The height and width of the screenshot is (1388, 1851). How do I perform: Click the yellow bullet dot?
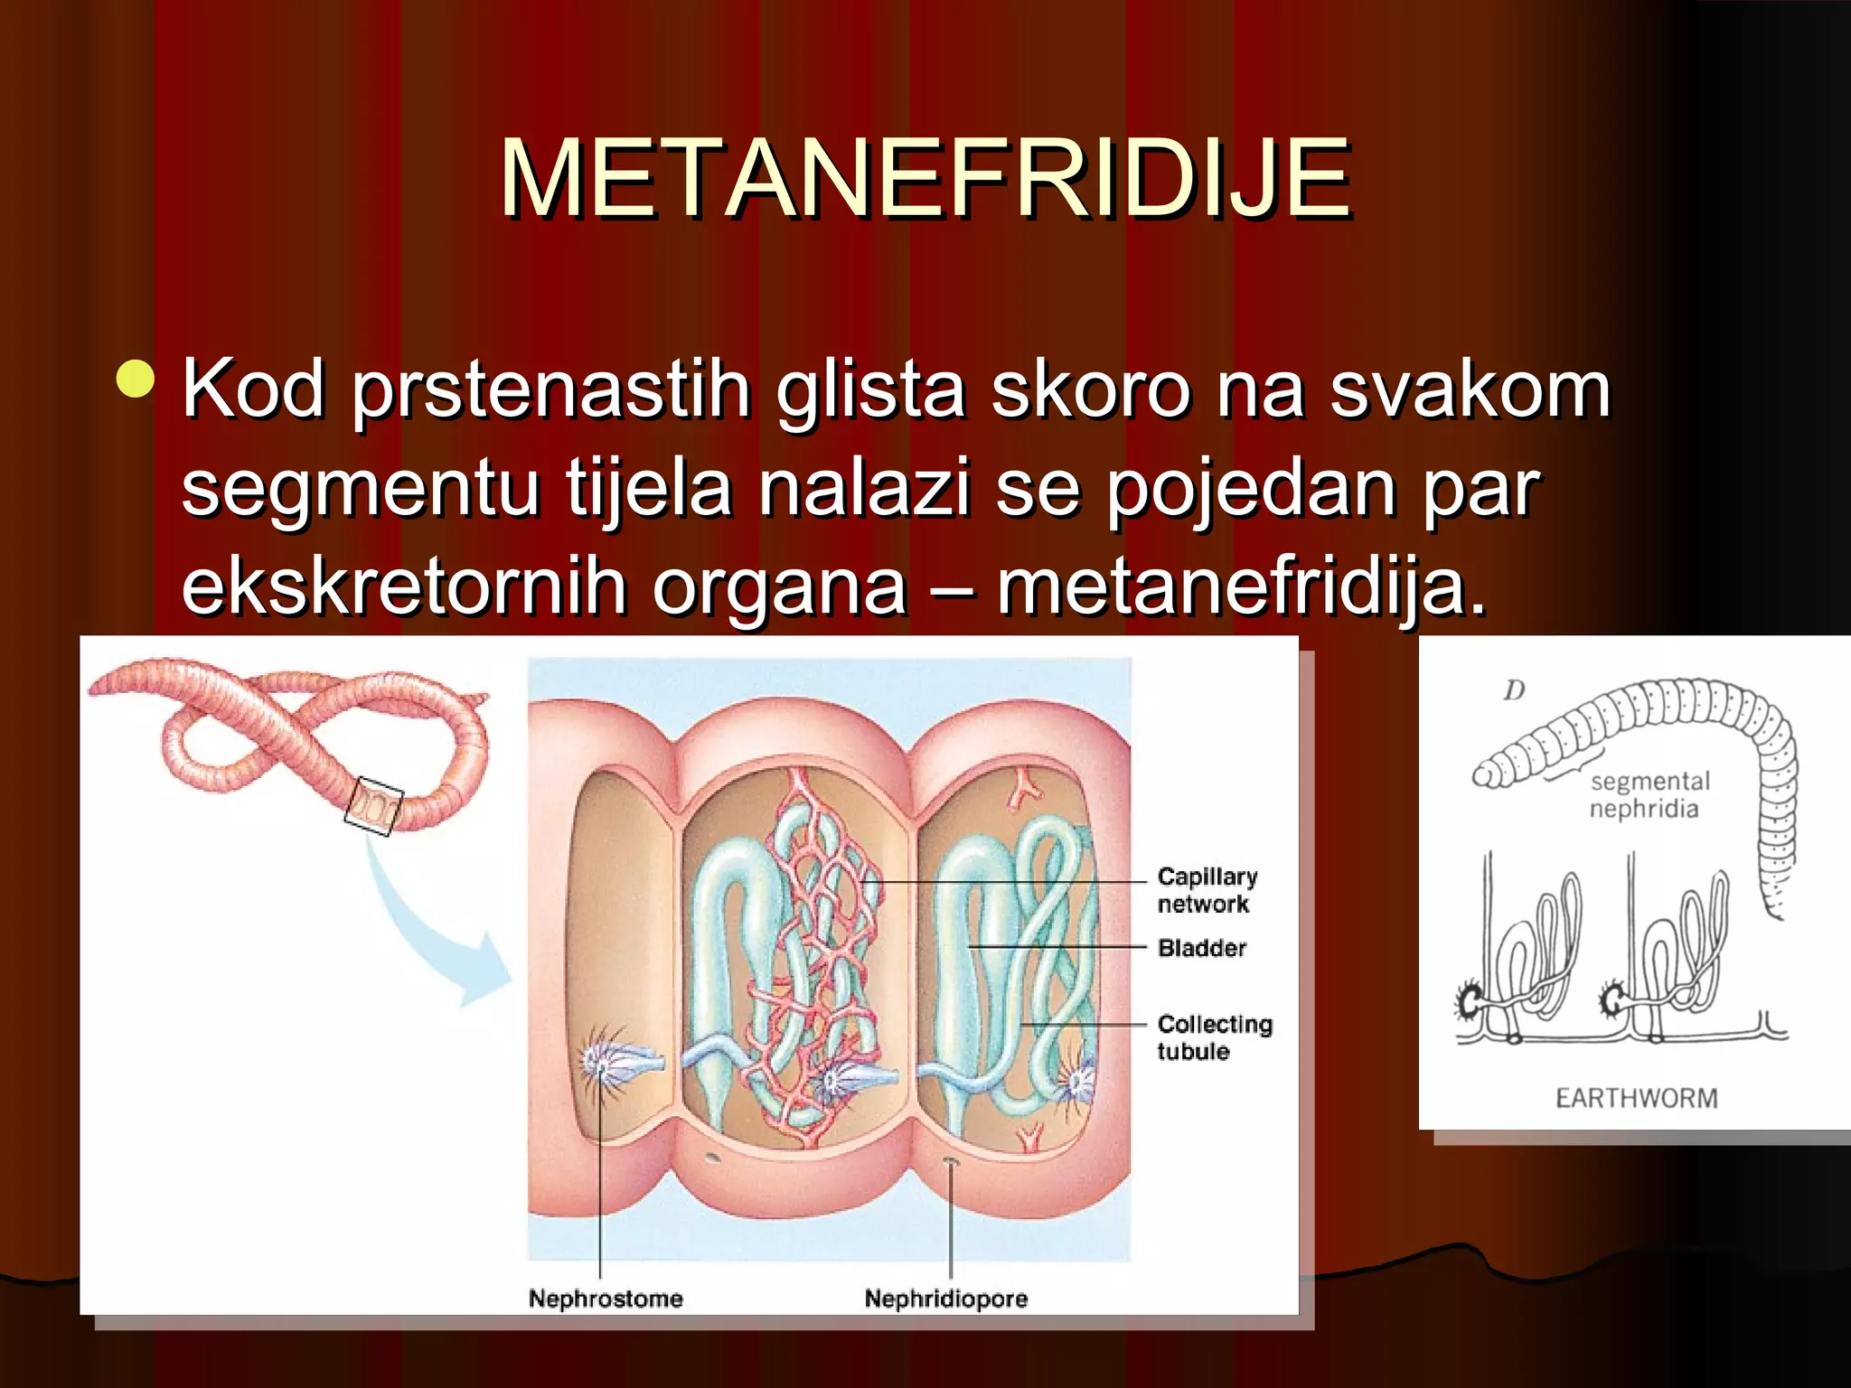(x=136, y=380)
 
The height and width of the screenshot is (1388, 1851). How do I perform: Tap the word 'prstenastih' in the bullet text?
(x=550, y=390)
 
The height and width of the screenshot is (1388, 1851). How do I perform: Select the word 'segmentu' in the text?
(x=360, y=488)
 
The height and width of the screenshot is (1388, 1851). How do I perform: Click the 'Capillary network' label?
(x=1207, y=890)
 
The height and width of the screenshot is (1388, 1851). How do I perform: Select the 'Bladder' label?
(x=1201, y=948)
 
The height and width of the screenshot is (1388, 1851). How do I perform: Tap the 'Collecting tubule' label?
(x=1214, y=1037)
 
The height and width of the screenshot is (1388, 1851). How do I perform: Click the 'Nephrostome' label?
(x=606, y=1299)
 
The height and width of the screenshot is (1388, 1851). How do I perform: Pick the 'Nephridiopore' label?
(x=945, y=1299)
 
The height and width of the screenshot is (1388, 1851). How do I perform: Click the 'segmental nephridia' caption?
(x=1649, y=794)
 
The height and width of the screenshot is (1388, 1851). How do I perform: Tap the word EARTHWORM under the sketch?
(x=1636, y=1098)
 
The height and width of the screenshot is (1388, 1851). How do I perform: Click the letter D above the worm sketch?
(x=1514, y=691)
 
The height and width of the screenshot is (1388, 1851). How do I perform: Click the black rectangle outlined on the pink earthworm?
(x=373, y=805)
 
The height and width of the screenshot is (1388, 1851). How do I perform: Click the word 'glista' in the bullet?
(x=869, y=390)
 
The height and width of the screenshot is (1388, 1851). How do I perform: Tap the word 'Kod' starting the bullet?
(x=253, y=390)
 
